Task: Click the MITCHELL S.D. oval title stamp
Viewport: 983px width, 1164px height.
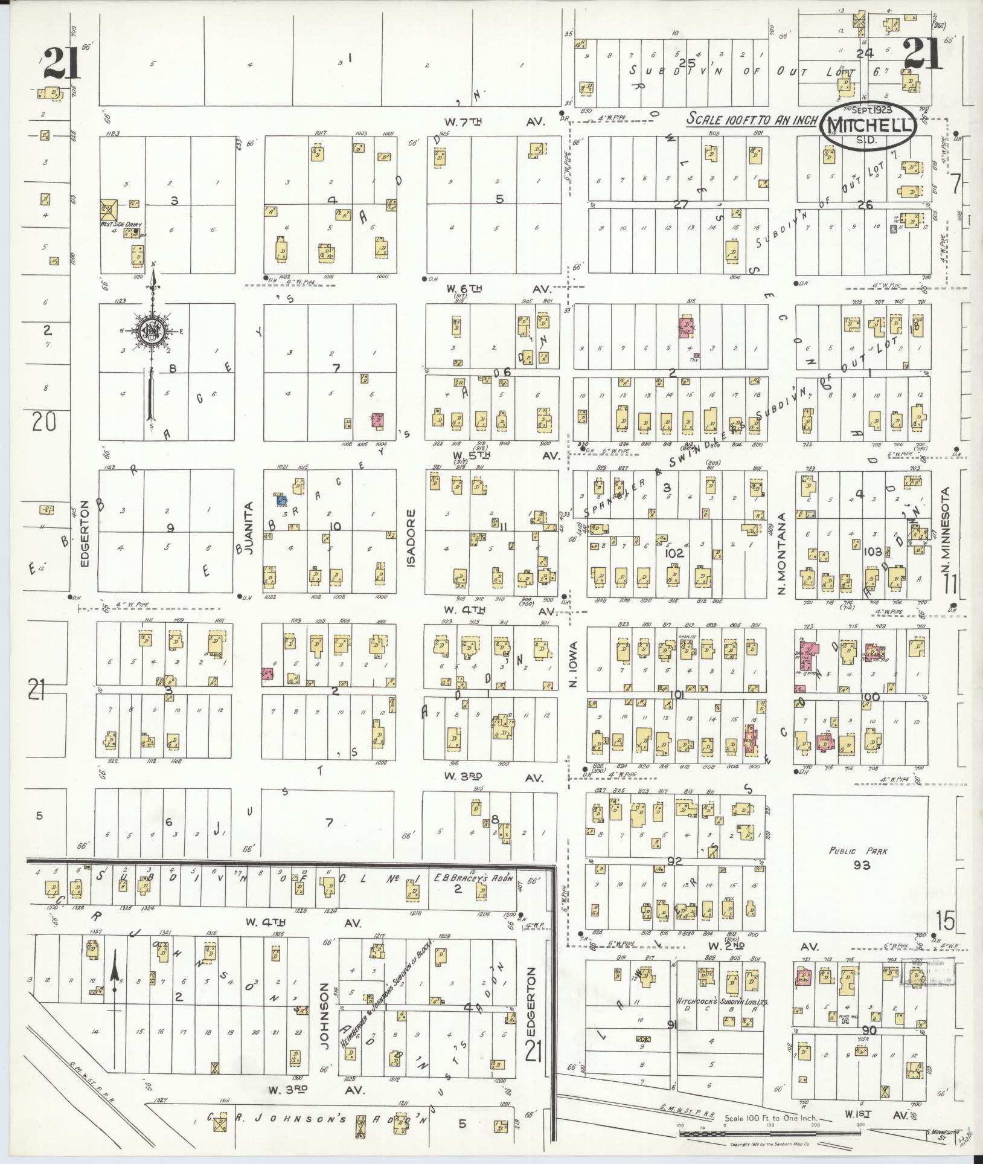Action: coord(868,125)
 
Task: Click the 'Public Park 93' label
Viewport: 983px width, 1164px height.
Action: coord(862,858)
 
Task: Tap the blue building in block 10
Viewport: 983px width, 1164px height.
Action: coord(281,500)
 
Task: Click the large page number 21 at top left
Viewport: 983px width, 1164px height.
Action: coord(62,65)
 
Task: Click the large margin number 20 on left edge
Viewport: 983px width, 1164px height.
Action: coord(43,421)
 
